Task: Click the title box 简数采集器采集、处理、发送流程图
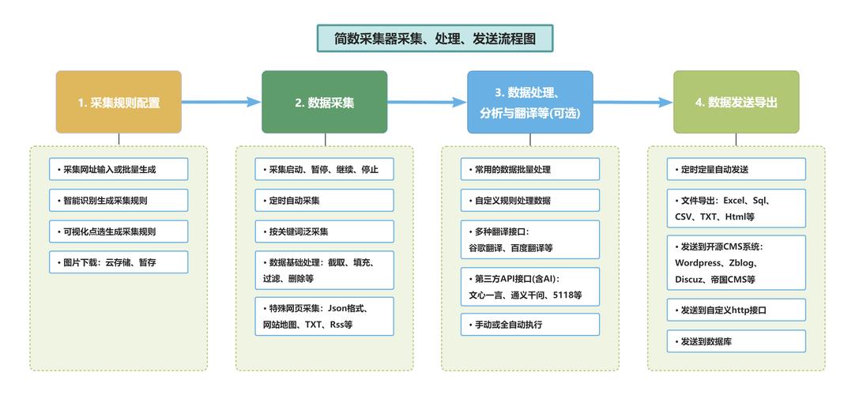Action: pyautogui.click(x=435, y=38)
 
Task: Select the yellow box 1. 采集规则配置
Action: pyautogui.click(x=119, y=102)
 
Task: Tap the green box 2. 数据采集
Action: pyautogui.click(x=325, y=102)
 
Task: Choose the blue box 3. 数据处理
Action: pyautogui.click(x=529, y=102)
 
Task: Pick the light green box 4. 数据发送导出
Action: pyautogui.click(x=736, y=102)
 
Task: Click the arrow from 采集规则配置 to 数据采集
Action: pyautogui.click(x=221, y=102)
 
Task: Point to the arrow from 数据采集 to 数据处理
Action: pyautogui.click(x=427, y=102)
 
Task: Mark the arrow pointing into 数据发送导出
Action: pyautogui.click(x=633, y=102)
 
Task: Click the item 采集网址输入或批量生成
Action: pyautogui.click(x=119, y=169)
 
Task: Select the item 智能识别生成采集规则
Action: pyautogui.click(x=119, y=200)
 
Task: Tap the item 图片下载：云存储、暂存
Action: pyautogui.click(x=119, y=262)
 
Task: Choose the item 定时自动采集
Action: pyautogui.click(x=324, y=201)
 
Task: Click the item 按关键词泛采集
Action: pyautogui.click(x=324, y=231)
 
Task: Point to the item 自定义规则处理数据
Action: pyautogui.click(x=530, y=201)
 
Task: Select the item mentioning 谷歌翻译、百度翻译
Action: pyautogui.click(x=530, y=240)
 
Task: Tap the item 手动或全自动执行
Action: pyautogui.click(x=530, y=325)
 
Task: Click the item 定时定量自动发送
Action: pyautogui.click(x=736, y=169)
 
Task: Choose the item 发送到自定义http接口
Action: pyautogui.click(x=736, y=310)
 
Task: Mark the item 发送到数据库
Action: pyautogui.click(x=736, y=341)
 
